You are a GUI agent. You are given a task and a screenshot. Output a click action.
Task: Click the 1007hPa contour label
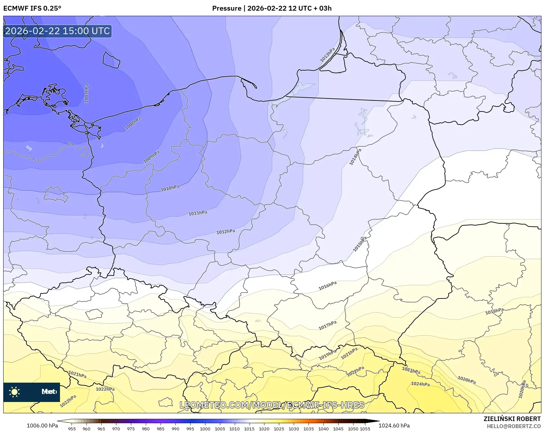point(86,93)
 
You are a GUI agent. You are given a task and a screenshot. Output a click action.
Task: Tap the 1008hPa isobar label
point(133,123)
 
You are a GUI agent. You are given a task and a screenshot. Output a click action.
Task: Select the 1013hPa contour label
point(328,55)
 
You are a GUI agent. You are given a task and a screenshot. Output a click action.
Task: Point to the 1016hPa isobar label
point(328,286)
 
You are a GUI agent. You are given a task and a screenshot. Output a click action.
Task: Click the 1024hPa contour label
point(420,384)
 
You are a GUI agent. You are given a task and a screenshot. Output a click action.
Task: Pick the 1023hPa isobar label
point(411,370)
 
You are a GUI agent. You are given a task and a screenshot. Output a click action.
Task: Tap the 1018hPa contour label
point(494,311)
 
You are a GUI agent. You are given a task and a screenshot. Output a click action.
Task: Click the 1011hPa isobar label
point(198,213)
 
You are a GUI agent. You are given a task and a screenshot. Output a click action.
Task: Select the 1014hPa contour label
point(355,157)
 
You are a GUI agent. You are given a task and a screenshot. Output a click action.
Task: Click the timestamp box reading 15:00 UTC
point(57,31)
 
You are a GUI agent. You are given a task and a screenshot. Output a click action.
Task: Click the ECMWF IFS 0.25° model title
point(32,8)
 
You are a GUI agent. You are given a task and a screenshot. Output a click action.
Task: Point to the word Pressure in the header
point(227,8)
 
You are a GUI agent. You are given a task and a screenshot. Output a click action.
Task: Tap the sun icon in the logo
point(15,392)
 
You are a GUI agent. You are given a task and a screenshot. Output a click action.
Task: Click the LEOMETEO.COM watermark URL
point(272,405)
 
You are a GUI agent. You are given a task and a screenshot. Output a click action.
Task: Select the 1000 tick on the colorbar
point(205,429)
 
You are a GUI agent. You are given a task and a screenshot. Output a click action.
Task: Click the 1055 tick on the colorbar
point(365,429)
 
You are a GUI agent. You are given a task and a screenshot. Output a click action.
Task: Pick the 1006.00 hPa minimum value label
point(42,426)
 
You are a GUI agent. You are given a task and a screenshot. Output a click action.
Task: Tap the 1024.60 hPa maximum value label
point(394,426)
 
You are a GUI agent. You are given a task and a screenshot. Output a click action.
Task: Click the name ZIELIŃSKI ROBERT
point(512,419)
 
